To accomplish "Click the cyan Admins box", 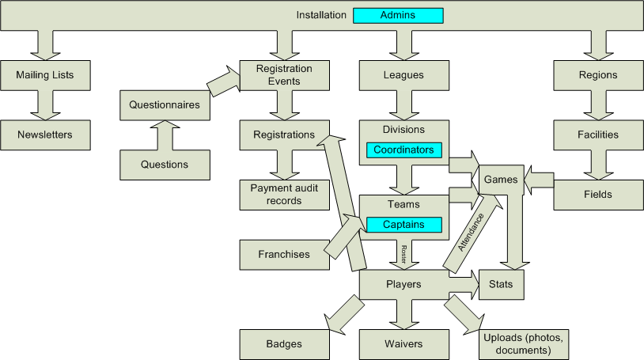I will (398, 15).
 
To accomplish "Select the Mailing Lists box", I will (45, 75).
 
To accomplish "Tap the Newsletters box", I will (45, 135).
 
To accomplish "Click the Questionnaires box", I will (165, 104).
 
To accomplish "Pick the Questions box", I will (165, 165).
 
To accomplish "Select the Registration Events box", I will (284, 75).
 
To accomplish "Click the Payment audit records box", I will (284, 195).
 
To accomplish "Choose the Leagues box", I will (403, 75).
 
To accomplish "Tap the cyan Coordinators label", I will (403, 150).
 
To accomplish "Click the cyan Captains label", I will (403, 225).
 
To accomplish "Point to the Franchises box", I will (284, 255).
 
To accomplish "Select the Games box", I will (501, 180).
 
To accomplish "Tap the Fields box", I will (598, 195).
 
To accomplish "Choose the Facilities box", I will (598, 135).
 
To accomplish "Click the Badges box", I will (284, 344).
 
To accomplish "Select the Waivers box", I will (403, 344).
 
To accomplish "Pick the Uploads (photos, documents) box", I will (525, 344).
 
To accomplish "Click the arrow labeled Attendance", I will (472, 234).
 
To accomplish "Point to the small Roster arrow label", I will (403, 253).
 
